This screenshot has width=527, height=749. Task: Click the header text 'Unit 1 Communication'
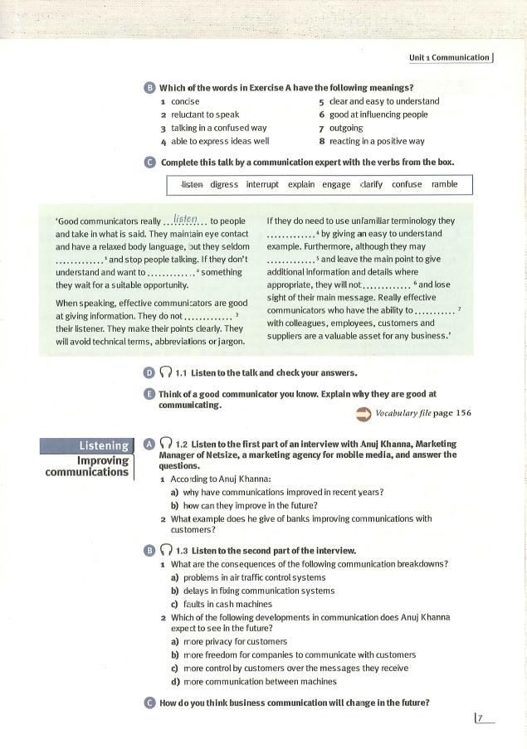coord(449,57)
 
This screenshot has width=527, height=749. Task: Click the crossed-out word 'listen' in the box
coord(192,184)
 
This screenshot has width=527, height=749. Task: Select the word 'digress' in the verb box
coord(224,184)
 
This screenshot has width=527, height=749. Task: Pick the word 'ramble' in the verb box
coord(444,184)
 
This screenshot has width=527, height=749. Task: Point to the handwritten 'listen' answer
coord(186,218)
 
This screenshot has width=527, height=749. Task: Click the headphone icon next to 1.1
coord(165,372)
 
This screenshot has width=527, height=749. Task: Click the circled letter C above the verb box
coord(149,162)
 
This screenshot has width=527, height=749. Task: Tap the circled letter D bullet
coord(149,372)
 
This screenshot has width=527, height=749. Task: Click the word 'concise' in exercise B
coord(185,101)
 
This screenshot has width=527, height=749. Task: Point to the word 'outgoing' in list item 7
coord(346,128)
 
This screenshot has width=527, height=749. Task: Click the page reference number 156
coord(461,413)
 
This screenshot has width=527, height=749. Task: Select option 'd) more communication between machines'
coord(253,682)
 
